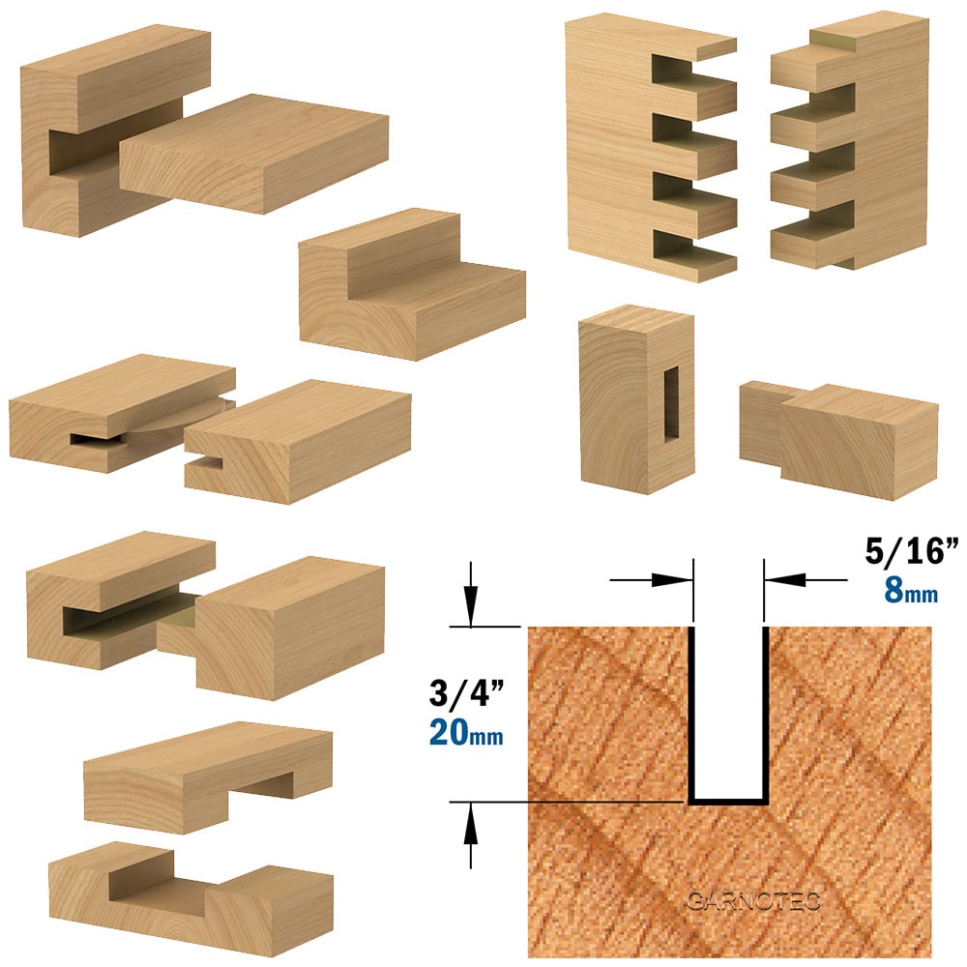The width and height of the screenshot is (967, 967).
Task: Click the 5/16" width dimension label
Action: [x=912, y=550]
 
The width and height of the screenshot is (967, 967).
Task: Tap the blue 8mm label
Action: [x=911, y=591]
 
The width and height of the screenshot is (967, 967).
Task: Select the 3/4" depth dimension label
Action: [x=467, y=693]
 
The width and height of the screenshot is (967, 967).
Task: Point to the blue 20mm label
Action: [x=466, y=733]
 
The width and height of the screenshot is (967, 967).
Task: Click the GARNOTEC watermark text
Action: [x=753, y=901]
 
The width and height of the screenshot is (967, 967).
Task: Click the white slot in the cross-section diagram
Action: [x=728, y=713]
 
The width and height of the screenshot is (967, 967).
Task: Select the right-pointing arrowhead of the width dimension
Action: [x=671, y=579]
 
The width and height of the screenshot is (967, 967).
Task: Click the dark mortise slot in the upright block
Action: [x=670, y=404]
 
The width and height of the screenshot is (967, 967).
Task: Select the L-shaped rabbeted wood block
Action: [x=412, y=283]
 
